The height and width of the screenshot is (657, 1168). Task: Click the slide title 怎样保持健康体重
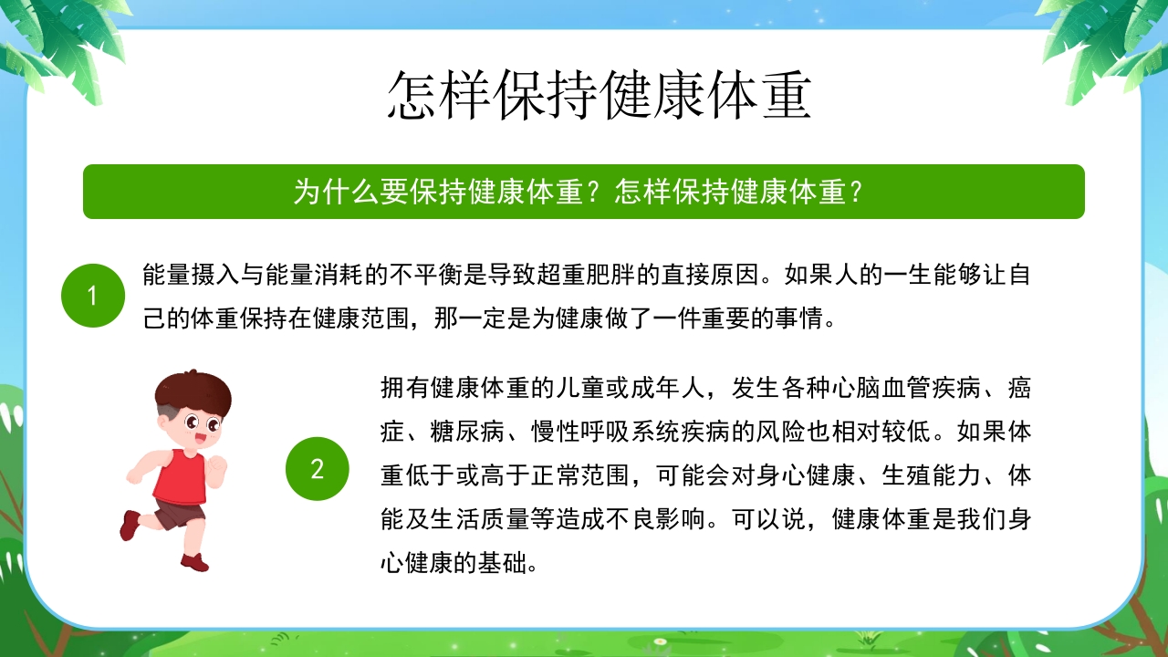pyautogui.click(x=599, y=95)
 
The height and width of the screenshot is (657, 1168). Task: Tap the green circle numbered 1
pyautogui.click(x=92, y=296)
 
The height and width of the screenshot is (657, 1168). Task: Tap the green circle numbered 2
pyautogui.click(x=317, y=469)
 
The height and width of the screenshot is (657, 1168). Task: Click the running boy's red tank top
pyautogui.click(x=180, y=476)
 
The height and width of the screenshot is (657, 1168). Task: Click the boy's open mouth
pyautogui.click(x=200, y=440)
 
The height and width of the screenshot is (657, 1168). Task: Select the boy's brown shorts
pyautogui.click(x=181, y=513)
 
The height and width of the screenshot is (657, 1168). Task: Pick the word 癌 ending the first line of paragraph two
pyautogui.click(x=1019, y=387)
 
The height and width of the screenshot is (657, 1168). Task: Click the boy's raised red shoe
pyautogui.click(x=130, y=525)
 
